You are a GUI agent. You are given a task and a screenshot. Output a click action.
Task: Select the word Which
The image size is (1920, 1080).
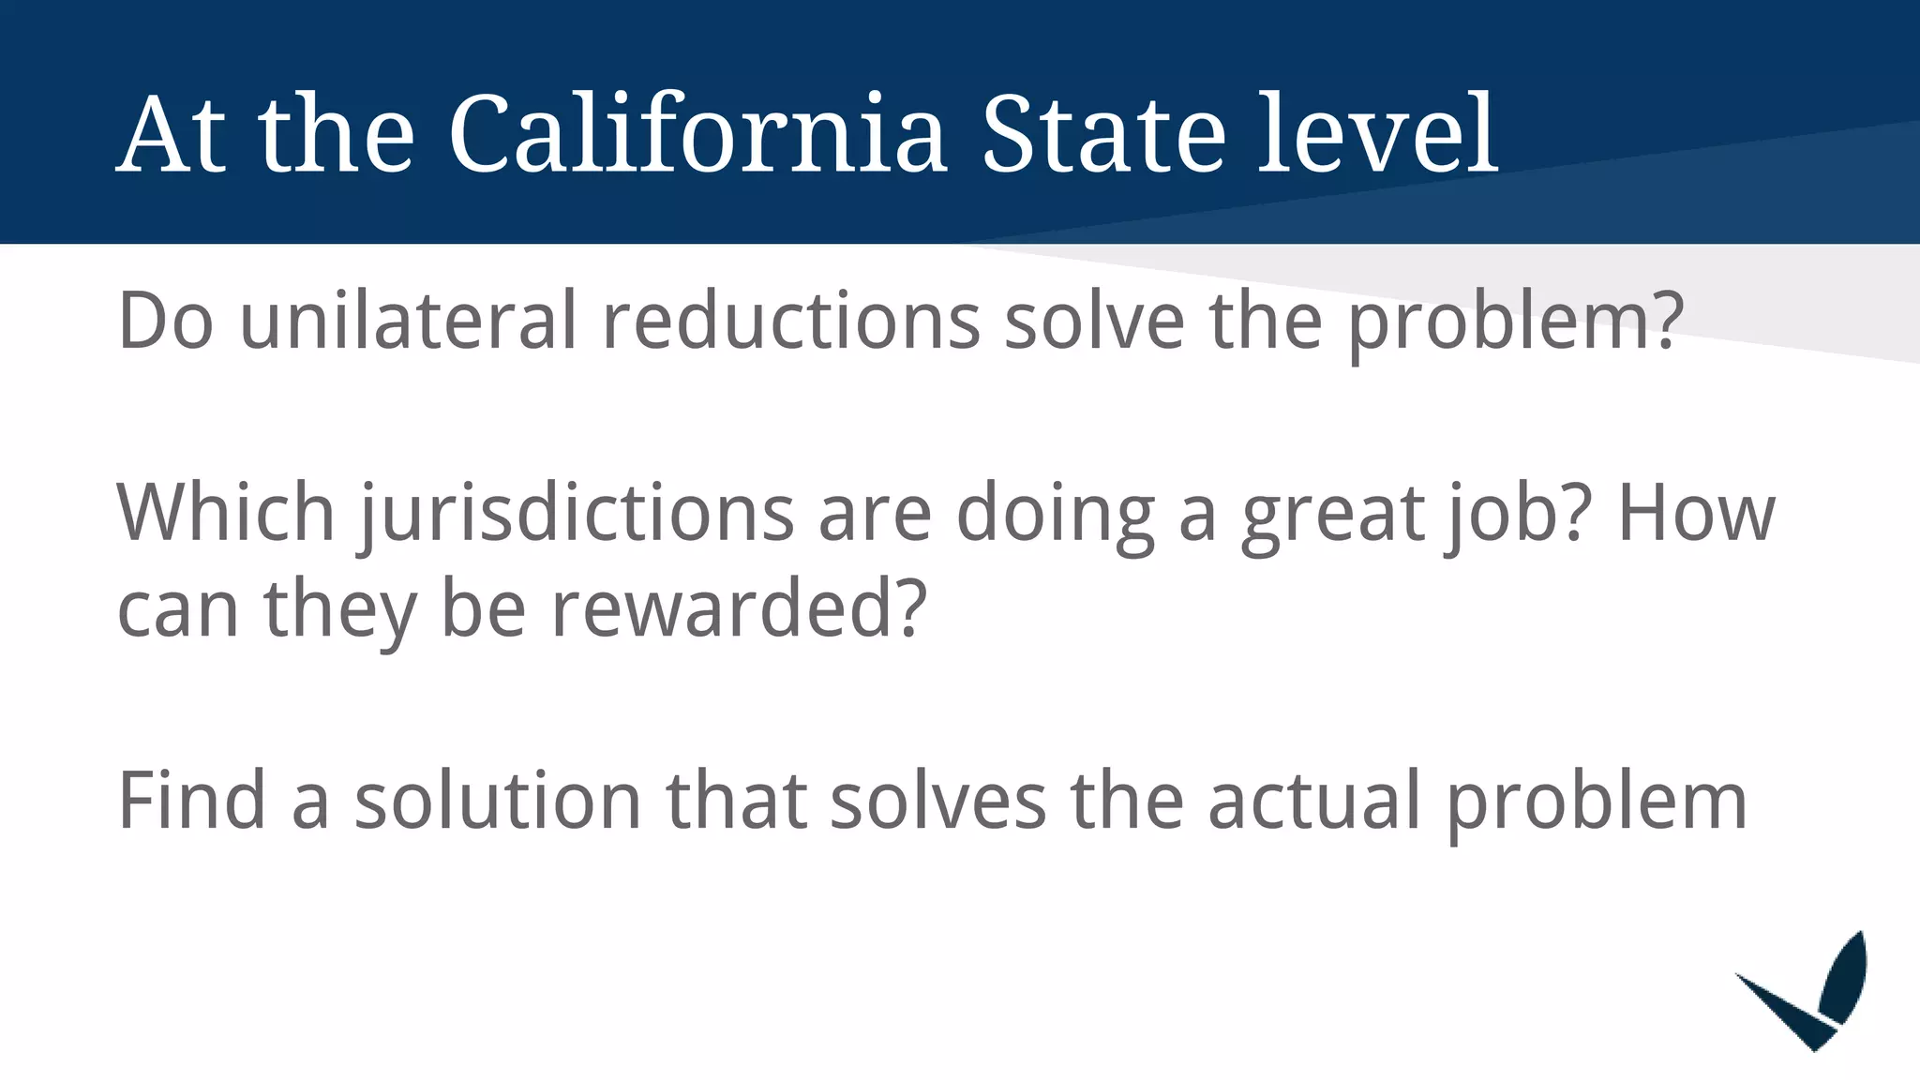pyautogui.click(x=226, y=513)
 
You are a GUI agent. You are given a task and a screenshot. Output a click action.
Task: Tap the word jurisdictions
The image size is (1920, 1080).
pyautogui.click(x=577, y=513)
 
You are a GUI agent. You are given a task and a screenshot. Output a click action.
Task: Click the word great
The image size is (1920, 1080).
pyautogui.click(x=1332, y=513)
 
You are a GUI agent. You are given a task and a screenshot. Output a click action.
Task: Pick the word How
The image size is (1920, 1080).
pyautogui.click(x=1696, y=513)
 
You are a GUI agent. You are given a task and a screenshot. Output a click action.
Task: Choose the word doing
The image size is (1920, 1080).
pyautogui.click(x=1055, y=513)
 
